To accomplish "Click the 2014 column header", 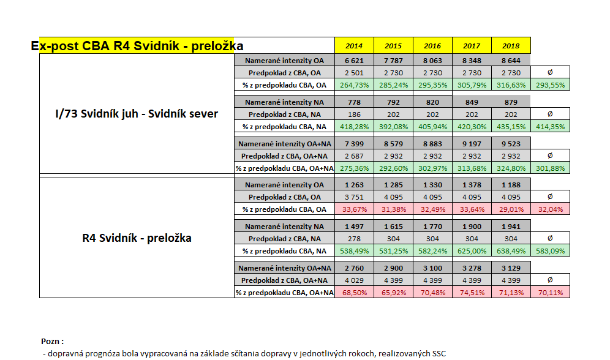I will pos(354,46).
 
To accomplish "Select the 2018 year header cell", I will pos(511,46).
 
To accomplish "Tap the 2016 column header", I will pos(432,46).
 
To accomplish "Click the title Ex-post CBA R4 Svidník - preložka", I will pos(137,46).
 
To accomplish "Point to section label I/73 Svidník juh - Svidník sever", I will pos(137,114).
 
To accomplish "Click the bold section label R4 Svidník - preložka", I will pos(137,238).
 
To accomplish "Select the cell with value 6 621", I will pos(354,60).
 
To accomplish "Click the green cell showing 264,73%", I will pos(354,84).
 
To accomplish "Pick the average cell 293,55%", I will pos(550,84).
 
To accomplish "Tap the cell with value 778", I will pos(354,102).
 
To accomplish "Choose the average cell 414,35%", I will pos(550,126).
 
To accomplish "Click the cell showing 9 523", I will pos(511,143).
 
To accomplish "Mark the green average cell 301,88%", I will pos(550,168).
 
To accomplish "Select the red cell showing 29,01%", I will pos(511,209).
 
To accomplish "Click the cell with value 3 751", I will pos(354,197).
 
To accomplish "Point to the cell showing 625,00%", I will pos(472,250).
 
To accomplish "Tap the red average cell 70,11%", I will pos(550,292).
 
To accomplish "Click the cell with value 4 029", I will pos(354,280).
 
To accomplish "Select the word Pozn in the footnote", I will pos(51,341).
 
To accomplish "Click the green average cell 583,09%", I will pos(550,250).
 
